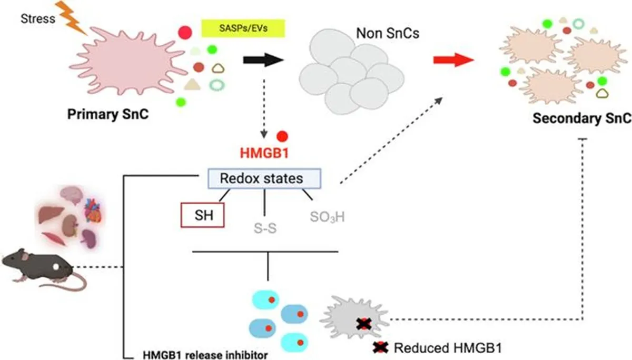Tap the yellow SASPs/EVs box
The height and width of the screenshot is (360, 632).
pyautogui.click(x=243, y=28)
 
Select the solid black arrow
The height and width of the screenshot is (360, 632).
pyautogui.click(x=263, y=60)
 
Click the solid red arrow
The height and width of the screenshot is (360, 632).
pyautogui.click(x=453, y=60)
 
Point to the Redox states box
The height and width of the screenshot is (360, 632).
pyautogui.click(x=264, y=178)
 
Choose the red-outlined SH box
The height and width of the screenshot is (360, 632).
pyautogui.click(x=203, y=215)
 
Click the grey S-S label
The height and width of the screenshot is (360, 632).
pyautogui.click(x=265, y=228)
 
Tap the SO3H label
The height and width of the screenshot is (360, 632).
pyautogui.click(x=327, y=217)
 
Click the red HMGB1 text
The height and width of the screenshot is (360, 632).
pyautogui.click(x=264, y=153)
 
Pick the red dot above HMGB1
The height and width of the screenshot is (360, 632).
pyautogui.click(x=282, y=136)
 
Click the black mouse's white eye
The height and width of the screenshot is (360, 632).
pyautogui.click(x=56, y=266)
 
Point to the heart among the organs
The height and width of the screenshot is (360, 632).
pyautogui.click(x=93, y=211)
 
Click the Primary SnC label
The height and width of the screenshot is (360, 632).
pyautogui.click(x=108, y=114)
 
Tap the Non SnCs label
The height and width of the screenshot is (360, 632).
pyautogui.click(x=388, y=33)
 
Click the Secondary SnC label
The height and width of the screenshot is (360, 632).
pyautogui.click(x=582, y=118)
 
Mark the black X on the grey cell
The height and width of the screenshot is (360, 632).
pyautogui.click(x=364, y=324)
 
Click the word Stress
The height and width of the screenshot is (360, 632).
pyautogui.click(x=38, y=18)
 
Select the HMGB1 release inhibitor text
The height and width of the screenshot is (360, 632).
pyautogui.click(x=205, y=355)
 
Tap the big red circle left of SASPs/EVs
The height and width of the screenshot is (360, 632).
pyautogui.click(x=185, y=33)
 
